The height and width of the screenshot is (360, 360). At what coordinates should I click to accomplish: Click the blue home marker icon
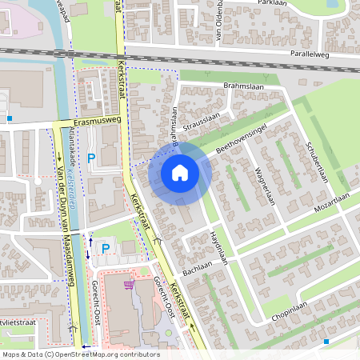tap(180, 172)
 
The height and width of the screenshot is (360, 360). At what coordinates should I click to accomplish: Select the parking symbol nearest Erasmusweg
tap(90, 158)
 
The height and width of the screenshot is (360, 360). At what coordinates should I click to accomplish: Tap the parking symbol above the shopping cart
tap(105, 249)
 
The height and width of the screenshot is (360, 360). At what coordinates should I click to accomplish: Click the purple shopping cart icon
tap(129, 284)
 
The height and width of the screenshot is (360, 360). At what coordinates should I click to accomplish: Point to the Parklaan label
tap(273, 3)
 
